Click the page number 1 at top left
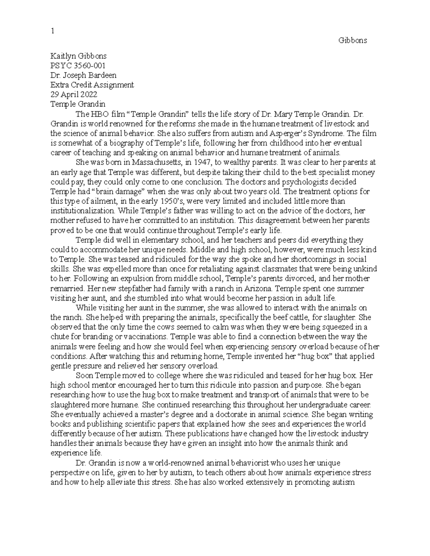pyautogui.click(x=52, y=31)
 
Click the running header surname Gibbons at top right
pyautogui.click(x=353, y=40)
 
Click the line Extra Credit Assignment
pyautogui.click(x=92, y=85)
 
